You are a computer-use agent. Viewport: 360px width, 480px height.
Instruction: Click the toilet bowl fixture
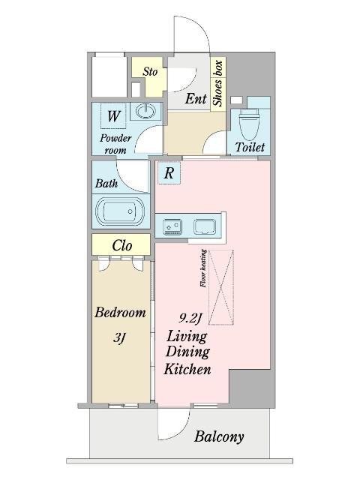tap(248, 124)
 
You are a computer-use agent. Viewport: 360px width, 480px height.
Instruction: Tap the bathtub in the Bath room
tap(120, 211)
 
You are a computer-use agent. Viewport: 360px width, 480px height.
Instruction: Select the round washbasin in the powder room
tap(145, 111)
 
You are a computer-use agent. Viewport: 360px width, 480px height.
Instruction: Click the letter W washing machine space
tap(113, 116)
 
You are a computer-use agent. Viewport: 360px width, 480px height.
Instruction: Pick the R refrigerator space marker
tap(169, 173)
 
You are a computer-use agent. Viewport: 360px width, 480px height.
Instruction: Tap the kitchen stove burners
tap(172, 227)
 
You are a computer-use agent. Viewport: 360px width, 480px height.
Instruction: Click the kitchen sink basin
tap(205, 226)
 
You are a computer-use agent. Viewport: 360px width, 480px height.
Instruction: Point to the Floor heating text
tap(203, 268)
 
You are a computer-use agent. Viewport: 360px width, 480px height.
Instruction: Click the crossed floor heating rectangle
tap(221, 287)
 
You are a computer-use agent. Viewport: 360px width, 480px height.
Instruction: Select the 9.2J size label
tap(190, 319)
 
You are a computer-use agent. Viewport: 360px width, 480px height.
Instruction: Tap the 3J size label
tap(119, 338)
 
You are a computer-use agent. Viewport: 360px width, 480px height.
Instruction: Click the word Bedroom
tap(120, 313)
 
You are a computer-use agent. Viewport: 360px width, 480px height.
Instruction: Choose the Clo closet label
tap(121, 245)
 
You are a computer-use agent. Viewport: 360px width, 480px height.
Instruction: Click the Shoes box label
tap(217, 83)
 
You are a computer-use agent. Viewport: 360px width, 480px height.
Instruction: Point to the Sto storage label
tap(150, 72)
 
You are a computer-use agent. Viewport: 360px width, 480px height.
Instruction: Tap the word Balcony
tap(219, 436)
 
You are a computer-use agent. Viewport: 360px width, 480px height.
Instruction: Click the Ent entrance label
tap(196, 98)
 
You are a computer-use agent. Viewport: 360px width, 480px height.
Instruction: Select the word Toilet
tap(250, 147)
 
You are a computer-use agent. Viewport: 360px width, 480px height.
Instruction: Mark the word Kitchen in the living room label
tap(187, 369)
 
